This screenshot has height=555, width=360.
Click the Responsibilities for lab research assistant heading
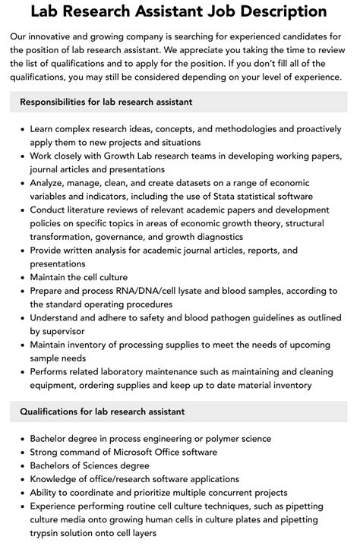tap(106, 101)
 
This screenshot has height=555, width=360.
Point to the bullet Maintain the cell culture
tap(79, 277)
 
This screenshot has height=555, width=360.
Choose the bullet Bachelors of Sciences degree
tap(90, 465)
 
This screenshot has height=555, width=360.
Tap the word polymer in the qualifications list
tap(221, 439)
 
